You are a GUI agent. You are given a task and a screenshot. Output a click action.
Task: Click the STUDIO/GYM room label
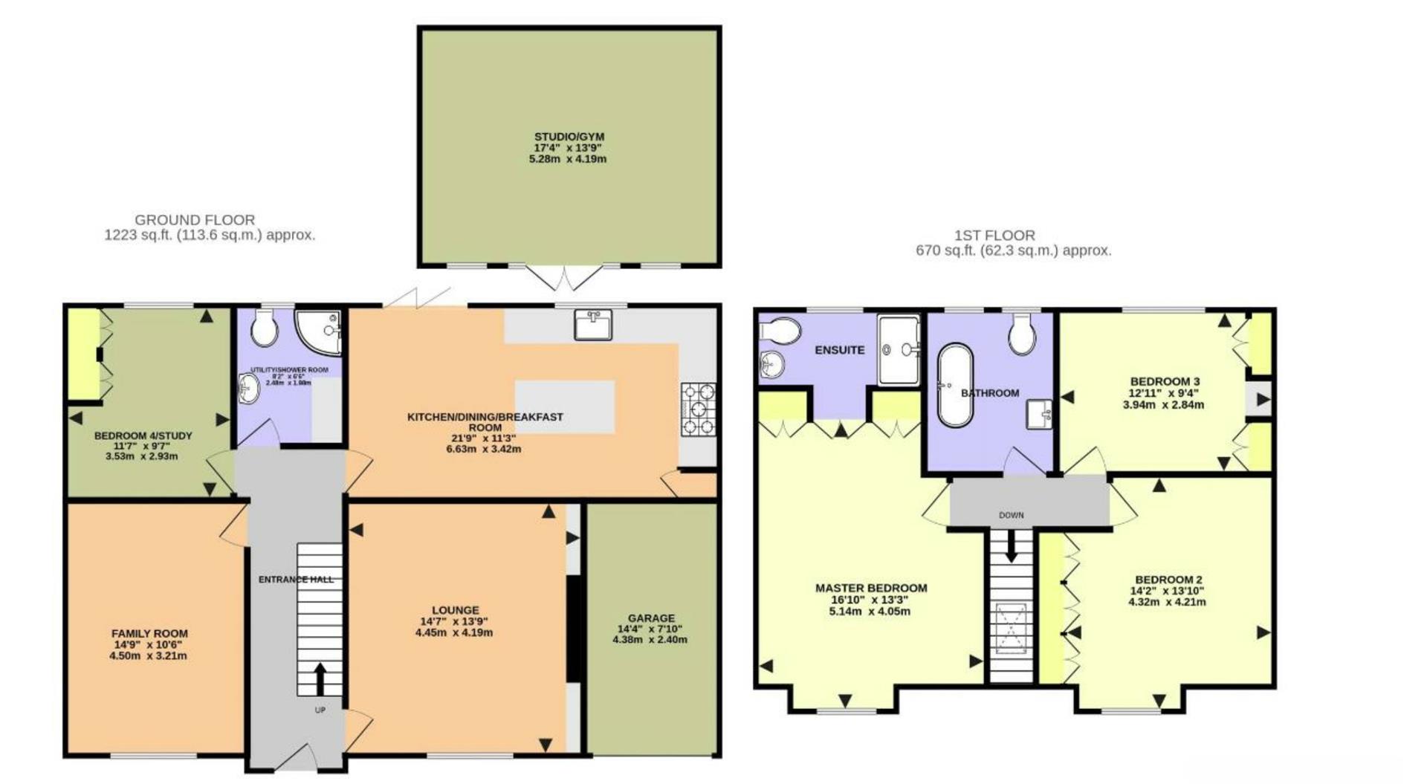point(569,137)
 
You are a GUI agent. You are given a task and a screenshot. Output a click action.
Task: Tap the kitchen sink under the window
point(593,325)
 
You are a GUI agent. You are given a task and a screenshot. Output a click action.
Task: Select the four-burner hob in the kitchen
point(698,408)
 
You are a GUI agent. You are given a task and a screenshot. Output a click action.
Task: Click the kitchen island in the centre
point(565,406)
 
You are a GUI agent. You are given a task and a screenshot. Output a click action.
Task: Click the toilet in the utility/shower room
point(264,328)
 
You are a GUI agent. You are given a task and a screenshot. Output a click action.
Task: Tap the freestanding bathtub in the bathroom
point(955,384)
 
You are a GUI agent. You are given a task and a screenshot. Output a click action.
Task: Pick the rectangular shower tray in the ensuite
point(899,349)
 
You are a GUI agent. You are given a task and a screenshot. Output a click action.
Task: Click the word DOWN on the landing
point(1011,515)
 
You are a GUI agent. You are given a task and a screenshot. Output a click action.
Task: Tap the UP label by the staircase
point(320,710)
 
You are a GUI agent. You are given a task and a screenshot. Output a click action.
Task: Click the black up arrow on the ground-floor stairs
point(320,678)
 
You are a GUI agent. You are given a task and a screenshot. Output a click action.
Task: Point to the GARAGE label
point(651,618)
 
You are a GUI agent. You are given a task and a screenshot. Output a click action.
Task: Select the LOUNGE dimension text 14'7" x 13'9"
point(454,621)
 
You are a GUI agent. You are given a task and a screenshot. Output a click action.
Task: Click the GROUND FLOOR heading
point(195,220)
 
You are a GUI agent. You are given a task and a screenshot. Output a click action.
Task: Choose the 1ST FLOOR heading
point(994,236)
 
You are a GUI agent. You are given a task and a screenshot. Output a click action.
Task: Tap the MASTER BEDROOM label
point(870,588)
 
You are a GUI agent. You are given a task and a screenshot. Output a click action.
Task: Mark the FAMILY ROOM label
point(149,633)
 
